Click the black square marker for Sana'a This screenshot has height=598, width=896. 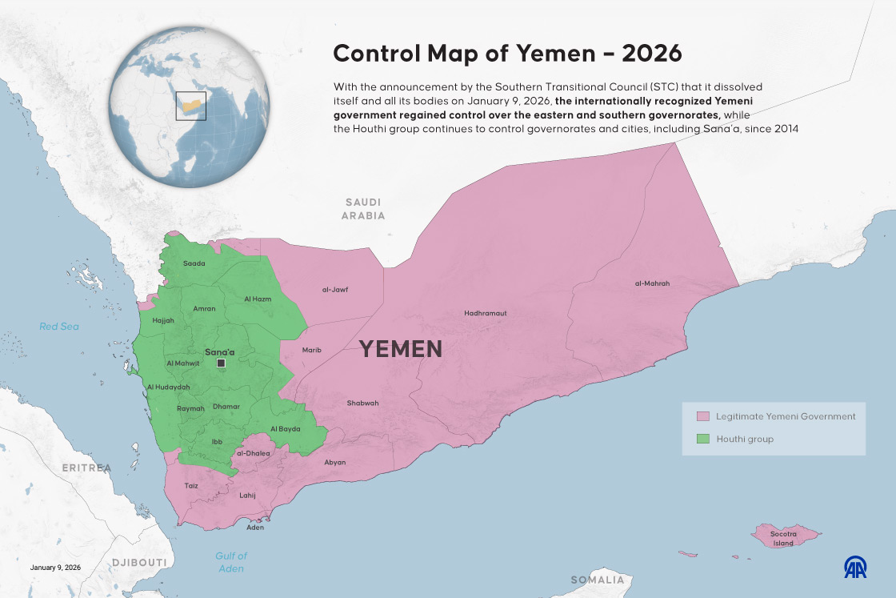(x=221, y=363)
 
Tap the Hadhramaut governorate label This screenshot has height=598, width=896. (x=485, y=313)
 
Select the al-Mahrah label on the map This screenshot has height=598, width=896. (x=652, y=283)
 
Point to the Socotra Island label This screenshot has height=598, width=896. (x=782, y=538)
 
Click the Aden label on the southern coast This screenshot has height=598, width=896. (x=255, y=528)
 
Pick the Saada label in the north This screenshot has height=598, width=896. (x=194, y=263)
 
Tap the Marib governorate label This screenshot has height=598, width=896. (x=311, y=350)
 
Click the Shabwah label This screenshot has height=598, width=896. (x=362, y=403)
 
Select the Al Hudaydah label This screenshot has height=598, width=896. (x=168, y=387)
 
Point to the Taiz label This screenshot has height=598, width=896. (x=191, y=485)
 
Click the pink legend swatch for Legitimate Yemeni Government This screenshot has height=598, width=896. (x=703, y=416)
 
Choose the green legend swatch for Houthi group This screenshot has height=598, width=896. (x=703, y=439)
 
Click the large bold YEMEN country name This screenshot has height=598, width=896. (x=400, y=349)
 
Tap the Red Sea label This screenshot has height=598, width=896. (x=60, y=326)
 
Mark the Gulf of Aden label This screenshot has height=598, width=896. (x=231, y=562)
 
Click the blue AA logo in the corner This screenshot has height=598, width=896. (x=855, y=567)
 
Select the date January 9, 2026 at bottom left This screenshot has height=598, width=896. (x=55, y=568)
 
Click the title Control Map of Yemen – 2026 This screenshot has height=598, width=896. (x=507, y=53)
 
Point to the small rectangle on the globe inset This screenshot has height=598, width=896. (x=190, y=106)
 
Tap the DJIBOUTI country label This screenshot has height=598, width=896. (x=139, y=562)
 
